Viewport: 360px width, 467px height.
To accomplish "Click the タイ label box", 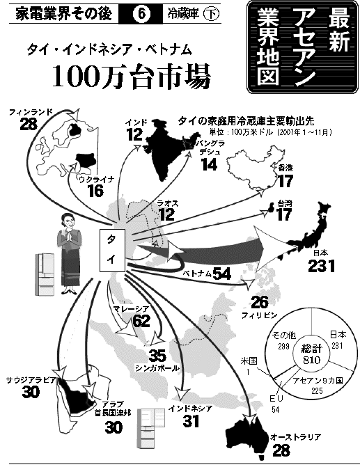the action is click(x=112, y=250).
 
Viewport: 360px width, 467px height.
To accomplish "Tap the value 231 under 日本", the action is click(x=322, y=266).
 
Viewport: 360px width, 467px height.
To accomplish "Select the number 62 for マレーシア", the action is click(x=141, y=320).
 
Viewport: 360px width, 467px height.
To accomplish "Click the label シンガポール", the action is click(x=157, y=367).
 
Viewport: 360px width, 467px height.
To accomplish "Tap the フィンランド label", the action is click(x=31, y=112).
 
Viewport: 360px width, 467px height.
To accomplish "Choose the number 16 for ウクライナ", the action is click(x=96, y=191).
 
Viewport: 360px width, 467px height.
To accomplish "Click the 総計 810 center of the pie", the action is click(x=311, y=354).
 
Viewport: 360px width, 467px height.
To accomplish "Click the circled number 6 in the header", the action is click(x=141, y=14).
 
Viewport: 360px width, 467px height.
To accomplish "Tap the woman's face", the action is click(x=69, y=221).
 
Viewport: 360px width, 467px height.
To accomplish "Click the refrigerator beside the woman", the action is click(x=45, y=274).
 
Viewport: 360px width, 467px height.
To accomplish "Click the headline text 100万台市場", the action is click(x=132, y=75).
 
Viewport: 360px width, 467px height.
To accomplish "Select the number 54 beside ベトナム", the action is click(x=222, y=274).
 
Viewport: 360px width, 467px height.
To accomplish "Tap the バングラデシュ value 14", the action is click(x=210, y=164).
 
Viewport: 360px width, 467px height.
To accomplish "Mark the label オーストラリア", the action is click(x=295, y=437).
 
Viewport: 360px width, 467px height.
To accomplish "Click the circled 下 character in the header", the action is click(x=211, y=14).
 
